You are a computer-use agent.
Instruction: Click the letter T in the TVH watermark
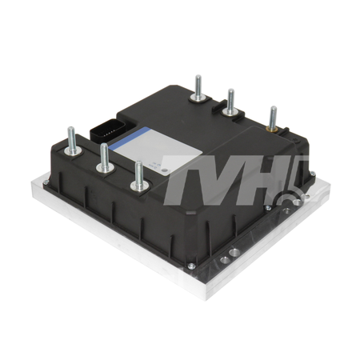[185, 177]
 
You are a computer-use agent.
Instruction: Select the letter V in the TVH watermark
[226, 178]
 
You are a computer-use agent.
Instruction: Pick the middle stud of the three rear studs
[230, 104]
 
